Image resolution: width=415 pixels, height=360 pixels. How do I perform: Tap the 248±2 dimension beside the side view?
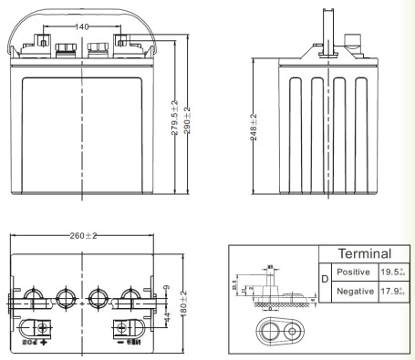pyautogui.click(x=254, y=128)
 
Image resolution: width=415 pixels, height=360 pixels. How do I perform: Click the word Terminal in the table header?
pyautogui.click(x=364, y=254)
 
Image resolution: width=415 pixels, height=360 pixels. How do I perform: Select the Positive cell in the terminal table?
pyautogui.click(x=353, y=272)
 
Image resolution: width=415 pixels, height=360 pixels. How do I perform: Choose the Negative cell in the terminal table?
pyautogui.click(x=353, y=291)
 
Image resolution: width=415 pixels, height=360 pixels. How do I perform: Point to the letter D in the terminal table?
pyautogui.click(x=324, y=281)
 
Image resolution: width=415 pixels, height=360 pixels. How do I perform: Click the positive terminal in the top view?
pyautogui.click(x=42, y=328)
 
